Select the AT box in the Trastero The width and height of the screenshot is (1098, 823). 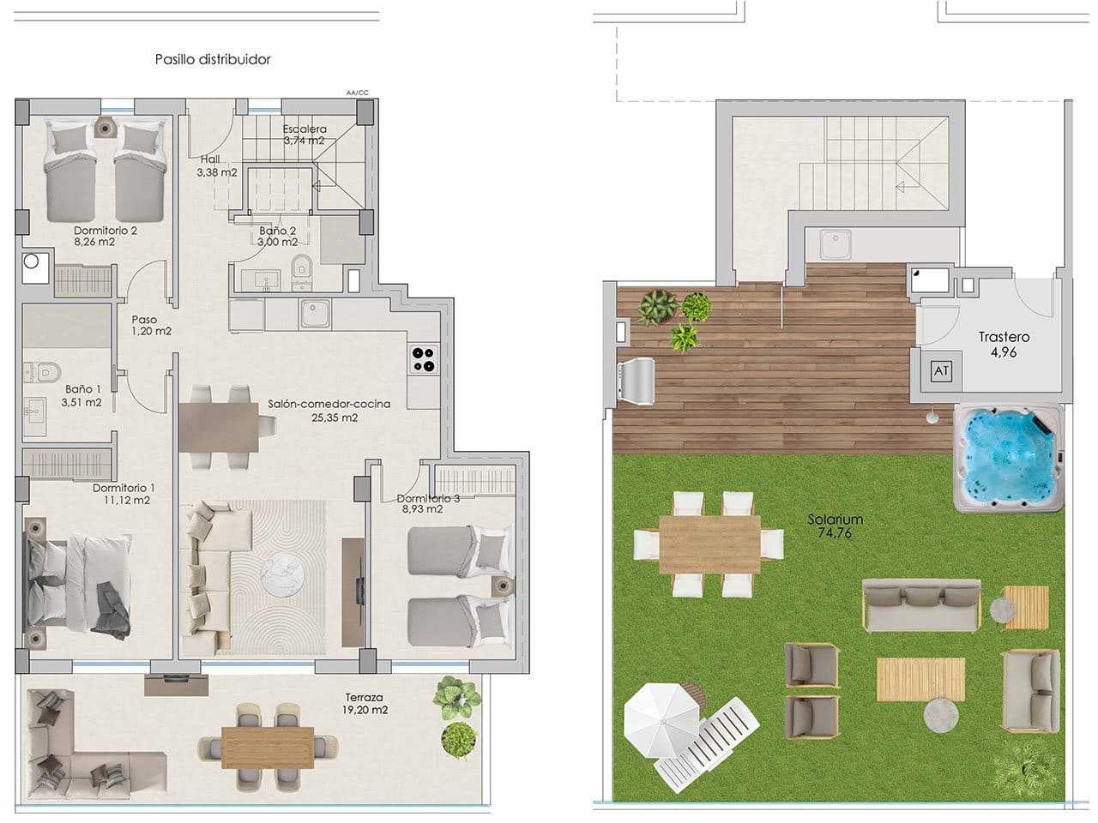click(941, 371)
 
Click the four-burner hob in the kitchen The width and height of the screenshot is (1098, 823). click(423, 358)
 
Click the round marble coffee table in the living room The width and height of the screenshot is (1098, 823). click(280, 570)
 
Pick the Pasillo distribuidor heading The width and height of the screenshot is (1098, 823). click(213, 59)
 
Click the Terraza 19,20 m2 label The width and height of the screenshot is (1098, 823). click(365, 704)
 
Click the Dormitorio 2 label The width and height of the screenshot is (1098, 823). click(106, 236)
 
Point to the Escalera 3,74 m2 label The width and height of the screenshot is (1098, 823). click(304, 135)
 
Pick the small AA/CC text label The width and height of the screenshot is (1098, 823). click(357, 92)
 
